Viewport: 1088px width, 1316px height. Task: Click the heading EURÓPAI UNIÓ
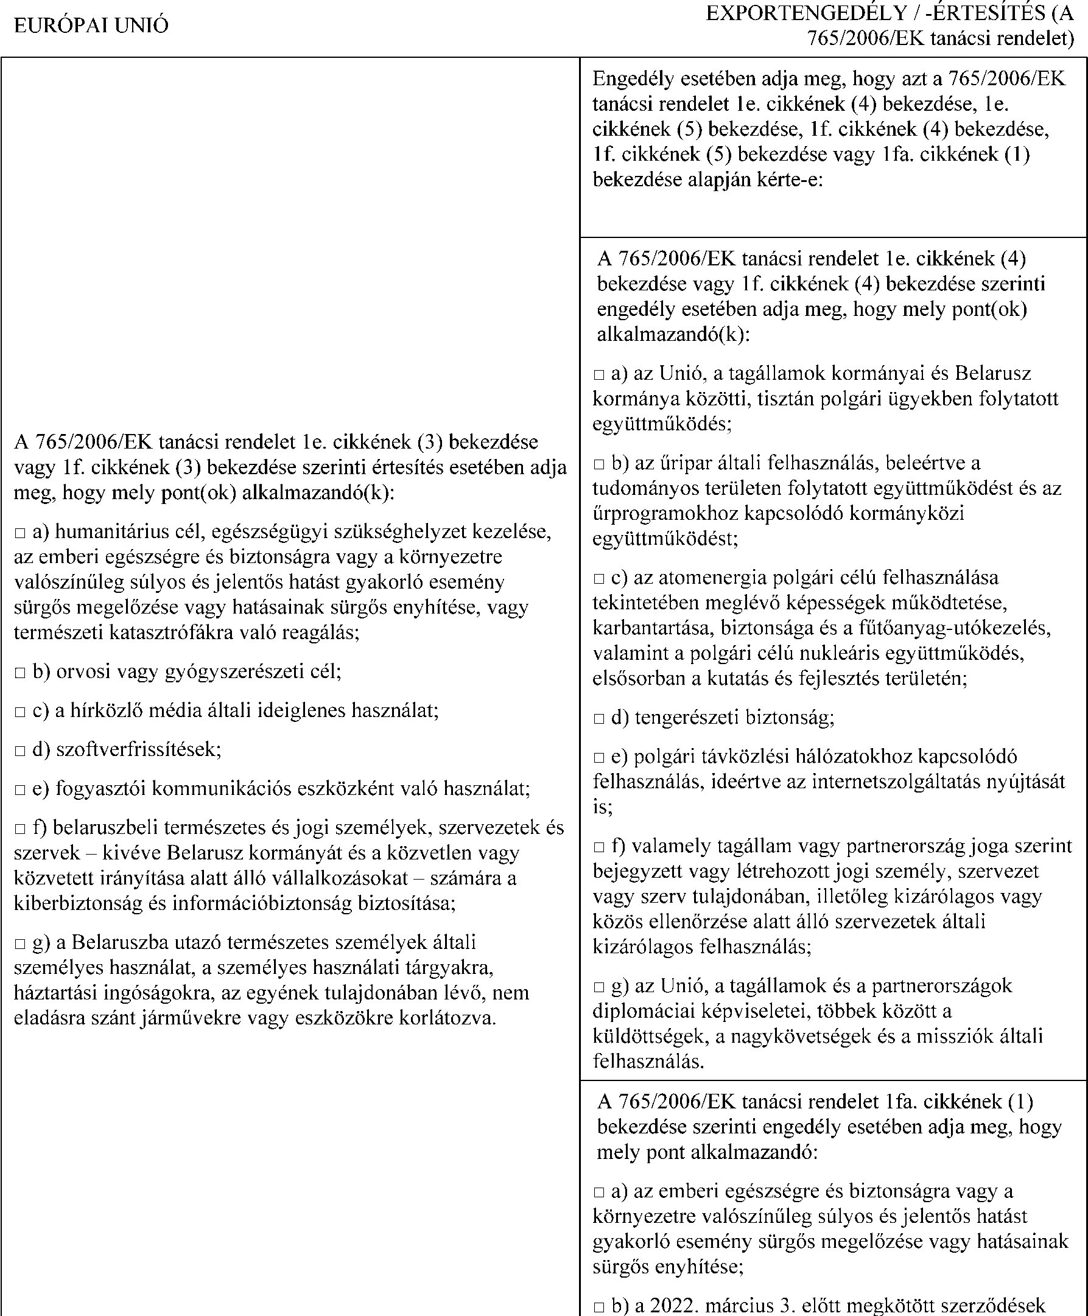click(x=91, y=26)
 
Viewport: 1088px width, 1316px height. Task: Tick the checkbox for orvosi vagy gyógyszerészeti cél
click(x=20, y=673)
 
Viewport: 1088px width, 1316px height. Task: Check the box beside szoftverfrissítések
click(x=20, y=751)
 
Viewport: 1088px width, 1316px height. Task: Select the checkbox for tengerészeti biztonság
click(x=599, y=719)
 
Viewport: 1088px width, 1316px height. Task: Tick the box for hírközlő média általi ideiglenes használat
click(x=20, y=712)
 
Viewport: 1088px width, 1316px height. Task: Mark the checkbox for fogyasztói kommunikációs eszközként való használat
click(x=20, y=789)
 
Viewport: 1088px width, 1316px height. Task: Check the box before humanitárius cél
click(x=20, y=533)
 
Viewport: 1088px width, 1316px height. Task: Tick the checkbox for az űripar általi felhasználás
click(x=599, y=464)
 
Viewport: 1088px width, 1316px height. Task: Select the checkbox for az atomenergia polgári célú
click(x=599, y=578)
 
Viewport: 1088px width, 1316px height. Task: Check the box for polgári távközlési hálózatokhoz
click(x=599, y=758)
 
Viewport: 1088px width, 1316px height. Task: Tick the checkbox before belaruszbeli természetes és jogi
click(x=20, y=829)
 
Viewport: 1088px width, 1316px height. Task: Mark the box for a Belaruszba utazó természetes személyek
click(x=20, y=943)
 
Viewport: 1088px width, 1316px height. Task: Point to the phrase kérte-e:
click(x=787, y=180)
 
